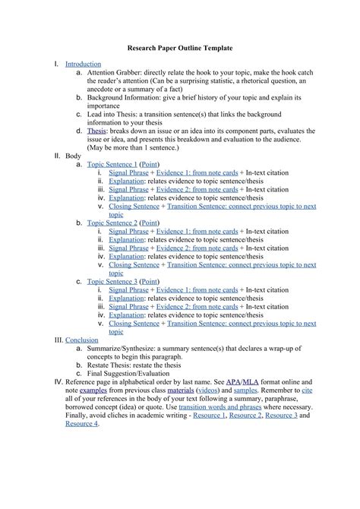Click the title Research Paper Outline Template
coord(179,47)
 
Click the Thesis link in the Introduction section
coord(96,131)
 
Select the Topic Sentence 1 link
coord(112,163)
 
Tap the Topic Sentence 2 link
coord(112,222)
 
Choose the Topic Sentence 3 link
coord(112,281)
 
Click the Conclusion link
coord(82,340)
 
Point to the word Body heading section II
coord(73,155)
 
